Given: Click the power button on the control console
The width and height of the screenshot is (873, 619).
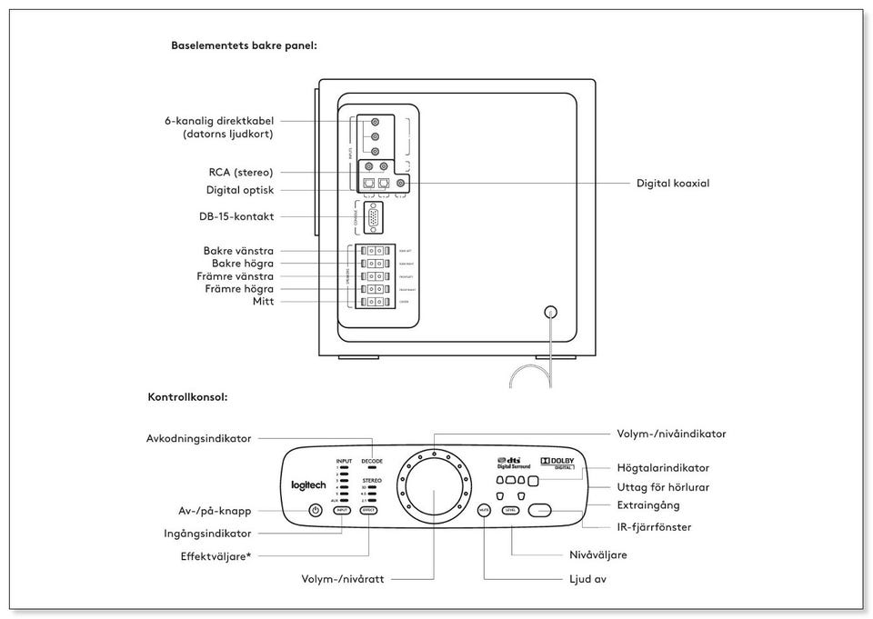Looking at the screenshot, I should [x=316, y=510].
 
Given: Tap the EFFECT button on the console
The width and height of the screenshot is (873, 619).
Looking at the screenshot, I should [x=368, y=511].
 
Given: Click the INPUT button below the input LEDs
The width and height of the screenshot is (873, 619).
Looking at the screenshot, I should [x=342, y=511].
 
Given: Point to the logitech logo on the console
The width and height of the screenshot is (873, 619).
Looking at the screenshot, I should [x=308, y=485].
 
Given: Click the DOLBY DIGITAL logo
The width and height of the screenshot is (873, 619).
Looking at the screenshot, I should [x=557, y=463].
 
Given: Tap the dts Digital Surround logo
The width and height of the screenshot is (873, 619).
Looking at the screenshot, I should [x=513, y=463].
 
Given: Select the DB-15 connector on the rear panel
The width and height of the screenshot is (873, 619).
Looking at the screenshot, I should [x=373, y=218].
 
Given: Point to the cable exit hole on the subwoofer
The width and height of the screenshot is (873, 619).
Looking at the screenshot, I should [x=549, y=312].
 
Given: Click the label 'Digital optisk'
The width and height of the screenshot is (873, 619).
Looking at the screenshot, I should [x=239, y=190].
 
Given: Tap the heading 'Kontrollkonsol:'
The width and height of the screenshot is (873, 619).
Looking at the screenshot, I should [x=187, y=397].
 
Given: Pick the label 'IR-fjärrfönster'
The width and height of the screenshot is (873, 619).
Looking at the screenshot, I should [x=647, y=526].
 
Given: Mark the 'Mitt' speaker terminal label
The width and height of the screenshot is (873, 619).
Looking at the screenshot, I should [x=264, y=302].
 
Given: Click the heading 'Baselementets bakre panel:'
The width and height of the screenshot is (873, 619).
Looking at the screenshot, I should [x=244, y=45].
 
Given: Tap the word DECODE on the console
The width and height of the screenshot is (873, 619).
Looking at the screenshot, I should [x=372, y=461].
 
